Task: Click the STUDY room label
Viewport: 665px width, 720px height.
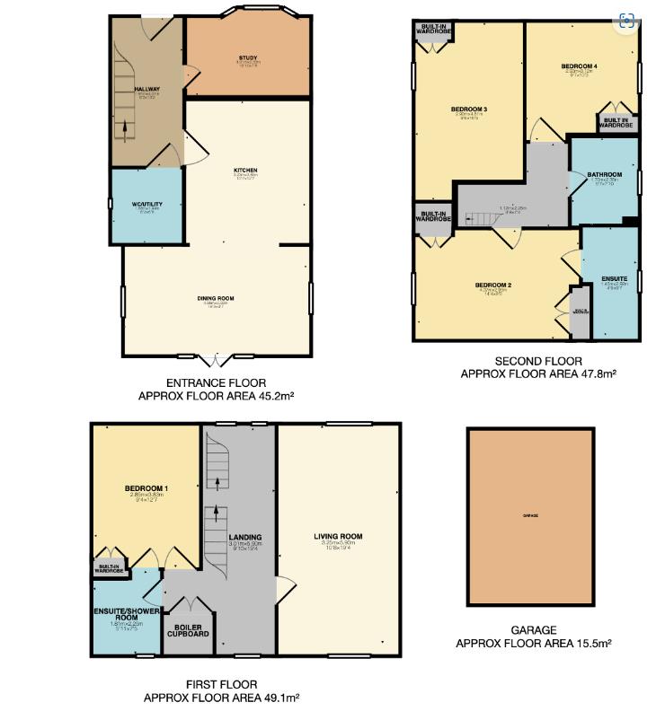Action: click(248, 58)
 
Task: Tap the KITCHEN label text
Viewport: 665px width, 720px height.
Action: click(245, 170)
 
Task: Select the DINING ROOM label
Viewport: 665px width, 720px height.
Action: click(216, 298)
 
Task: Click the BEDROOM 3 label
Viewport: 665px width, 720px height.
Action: click(468, 110)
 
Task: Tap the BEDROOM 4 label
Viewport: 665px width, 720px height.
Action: click(579, 66)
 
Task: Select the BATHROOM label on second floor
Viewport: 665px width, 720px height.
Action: click(605, 174)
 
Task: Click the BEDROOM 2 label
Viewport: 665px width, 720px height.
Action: click(493, 285)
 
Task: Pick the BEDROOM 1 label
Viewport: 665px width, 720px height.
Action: click(146, 488)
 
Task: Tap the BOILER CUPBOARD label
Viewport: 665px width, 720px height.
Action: click(187, 630)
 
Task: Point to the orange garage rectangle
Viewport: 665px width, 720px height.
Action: click(530, 516)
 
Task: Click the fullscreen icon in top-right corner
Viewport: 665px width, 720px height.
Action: click(627, 22)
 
